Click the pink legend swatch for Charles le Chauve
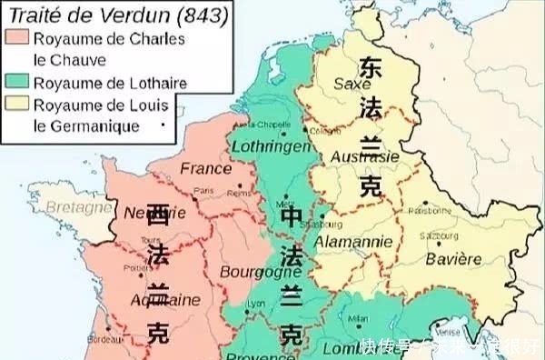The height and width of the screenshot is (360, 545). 16,39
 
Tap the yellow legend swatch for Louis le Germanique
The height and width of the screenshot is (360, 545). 16,105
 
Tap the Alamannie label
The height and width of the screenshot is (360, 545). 353,242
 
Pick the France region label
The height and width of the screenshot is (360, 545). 206,168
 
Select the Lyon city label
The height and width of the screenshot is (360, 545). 258,303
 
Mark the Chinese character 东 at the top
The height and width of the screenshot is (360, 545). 371,66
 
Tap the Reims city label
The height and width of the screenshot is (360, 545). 238,193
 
